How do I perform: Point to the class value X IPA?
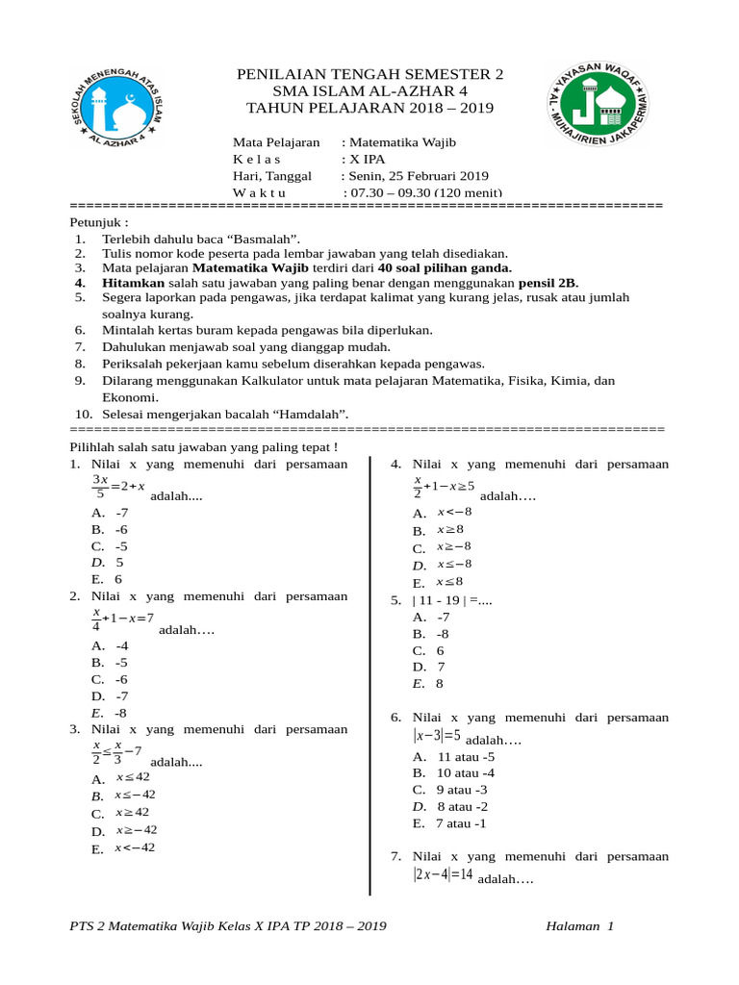coord(363,159)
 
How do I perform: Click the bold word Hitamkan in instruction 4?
coord(134,284)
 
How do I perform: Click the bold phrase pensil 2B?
coord(548,284)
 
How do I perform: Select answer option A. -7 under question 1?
coord(110,513)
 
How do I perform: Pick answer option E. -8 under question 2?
coord(110,713)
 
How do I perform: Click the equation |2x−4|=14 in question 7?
coord(444,874)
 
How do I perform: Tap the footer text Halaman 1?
coord(578,926)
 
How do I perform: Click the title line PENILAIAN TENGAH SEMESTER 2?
coord(369,75)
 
